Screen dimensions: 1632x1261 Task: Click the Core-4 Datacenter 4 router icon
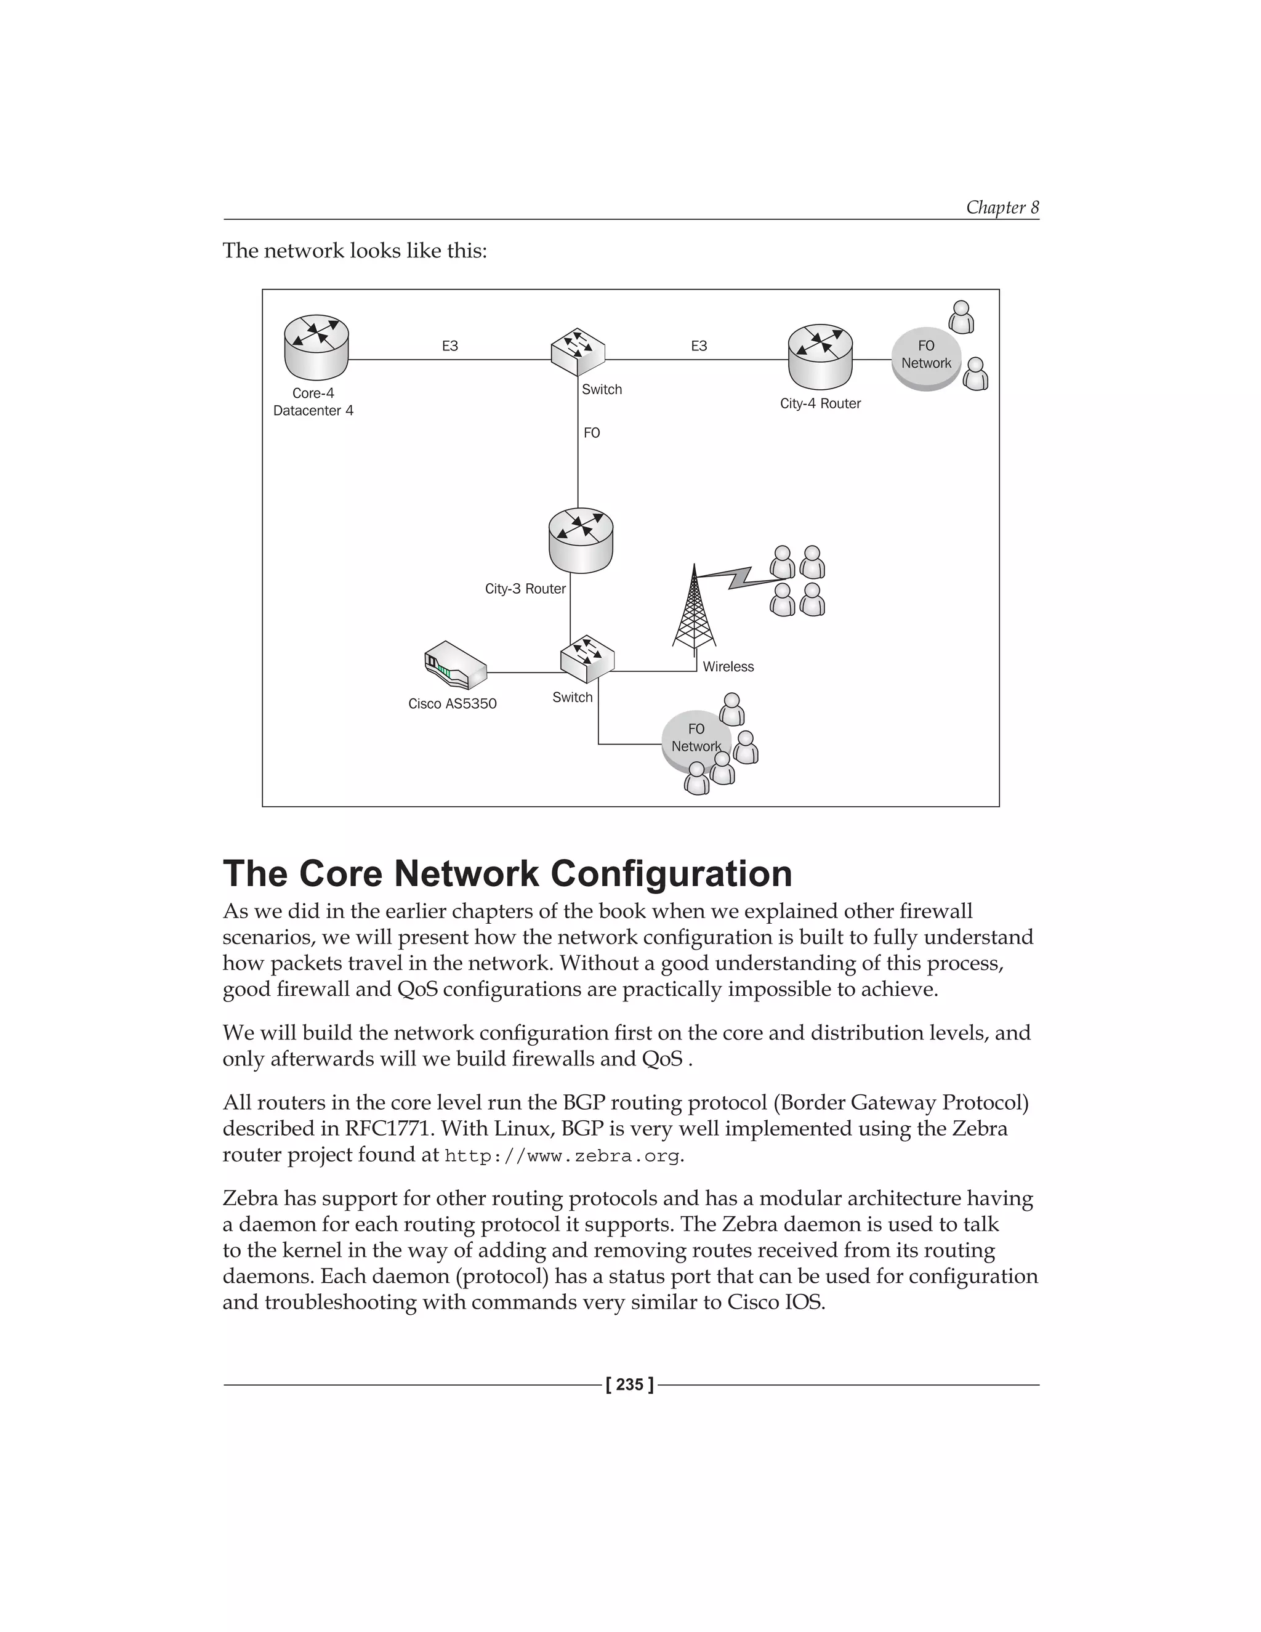pyautogui.click(x=316, y=347)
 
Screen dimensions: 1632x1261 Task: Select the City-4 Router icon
pyautogui.click(x=820, y=357)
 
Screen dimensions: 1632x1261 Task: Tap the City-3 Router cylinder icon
pyautogui.click(x=581, y=540)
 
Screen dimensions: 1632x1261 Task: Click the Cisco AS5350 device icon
pyautogui.click(x=455, y=665)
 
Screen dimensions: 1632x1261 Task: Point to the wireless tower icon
pyautogui.click(x=694, y=609)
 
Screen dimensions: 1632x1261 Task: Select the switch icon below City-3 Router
pyautogui.click(x=587, y=658)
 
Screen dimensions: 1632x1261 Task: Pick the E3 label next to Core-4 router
pyautogui.click(x=449, y=346)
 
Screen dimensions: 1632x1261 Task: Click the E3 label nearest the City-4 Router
pyautogui.click(x=698, y=346)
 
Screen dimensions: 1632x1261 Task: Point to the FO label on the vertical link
pyautogui.click(x=592, y=433)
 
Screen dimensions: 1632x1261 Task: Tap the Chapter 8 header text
pyautogui.click(x=1002, y=207)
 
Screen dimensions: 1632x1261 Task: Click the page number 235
pyautogui.click(x=630, y=1384)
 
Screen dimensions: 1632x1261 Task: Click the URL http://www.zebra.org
pyautogui.click(x=562, y=1156)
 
